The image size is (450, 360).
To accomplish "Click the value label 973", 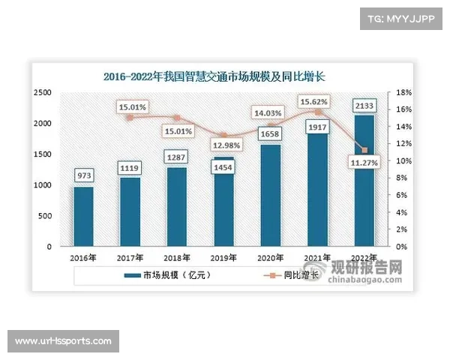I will tap(84, 175).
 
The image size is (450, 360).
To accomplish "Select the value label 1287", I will tap(178, 157).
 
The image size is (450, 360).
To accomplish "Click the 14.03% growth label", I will tap(269, 112).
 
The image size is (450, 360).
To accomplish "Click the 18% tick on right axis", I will tap(403, 92).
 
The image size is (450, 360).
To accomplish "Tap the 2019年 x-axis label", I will tap(223, 258).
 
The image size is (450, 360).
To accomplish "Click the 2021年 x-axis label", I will tap(317, 258).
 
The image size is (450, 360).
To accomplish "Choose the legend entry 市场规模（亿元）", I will tap(167, 276).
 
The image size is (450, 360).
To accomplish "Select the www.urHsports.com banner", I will tap(63, 341).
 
